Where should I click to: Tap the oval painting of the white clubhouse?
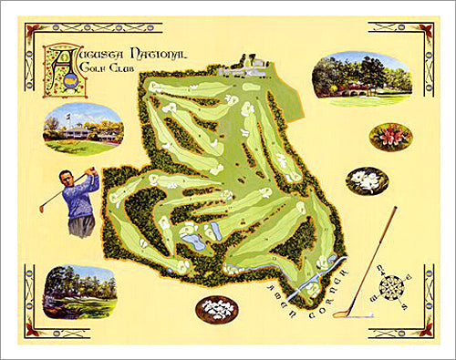(x=82, y=129)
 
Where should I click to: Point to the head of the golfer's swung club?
(x=41, y=210)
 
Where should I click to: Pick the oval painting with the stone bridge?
(x=361, y=78)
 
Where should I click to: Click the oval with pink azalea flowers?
(x=390, y=137)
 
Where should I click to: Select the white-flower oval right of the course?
(x=367, y=180)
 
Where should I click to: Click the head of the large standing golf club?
(x=341, y=315)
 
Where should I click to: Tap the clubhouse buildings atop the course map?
(x=244, y=67)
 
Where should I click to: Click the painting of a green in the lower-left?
(x=78, y=292)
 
